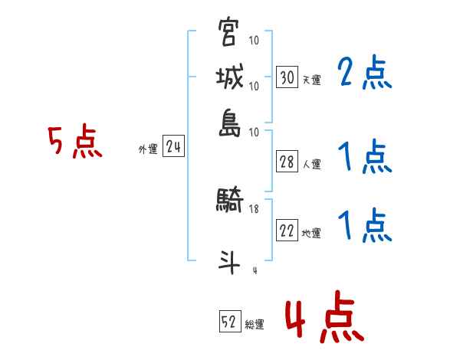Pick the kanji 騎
coord(229,201)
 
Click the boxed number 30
coord(287,77)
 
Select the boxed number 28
coord(287,162)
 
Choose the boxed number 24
coord(173,148)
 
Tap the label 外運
coord(147,150)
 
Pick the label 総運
coord(255,324)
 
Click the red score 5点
coord(75,142)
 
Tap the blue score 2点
coord(364,74)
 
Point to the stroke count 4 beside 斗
coord(254,270)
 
